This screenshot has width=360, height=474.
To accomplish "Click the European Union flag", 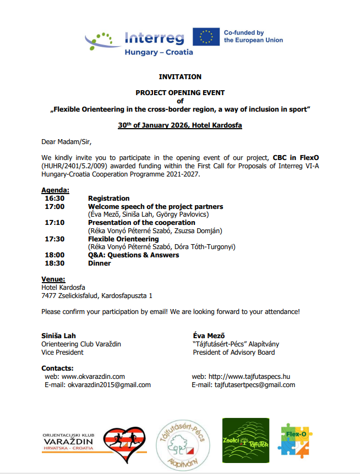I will (x=206, y=37).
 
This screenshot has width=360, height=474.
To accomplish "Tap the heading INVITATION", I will (x=180, y=77).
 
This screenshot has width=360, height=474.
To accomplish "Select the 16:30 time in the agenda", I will (x=54, y=199).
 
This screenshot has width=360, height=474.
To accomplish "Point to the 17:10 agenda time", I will (x=54, y=223).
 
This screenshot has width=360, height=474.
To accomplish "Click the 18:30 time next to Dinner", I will (x=54, y=263).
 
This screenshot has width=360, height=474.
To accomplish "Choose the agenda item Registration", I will (x=109, y=199).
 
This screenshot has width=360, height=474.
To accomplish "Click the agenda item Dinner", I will (x=99, y=263).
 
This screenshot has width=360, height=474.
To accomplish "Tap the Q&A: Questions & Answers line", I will (x=133, y=255).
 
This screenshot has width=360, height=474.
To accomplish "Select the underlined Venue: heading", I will (x=53, y=279).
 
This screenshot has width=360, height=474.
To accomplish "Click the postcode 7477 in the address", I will (x=50, y=296).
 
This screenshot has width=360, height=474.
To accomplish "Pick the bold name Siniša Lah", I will (x=58, y=336).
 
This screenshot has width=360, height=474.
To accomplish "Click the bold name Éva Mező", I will (x=209, y=336).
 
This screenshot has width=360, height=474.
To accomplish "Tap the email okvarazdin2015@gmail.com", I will (x=109, y=385).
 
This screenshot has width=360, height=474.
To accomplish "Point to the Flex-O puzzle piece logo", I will (x=295, y=440).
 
